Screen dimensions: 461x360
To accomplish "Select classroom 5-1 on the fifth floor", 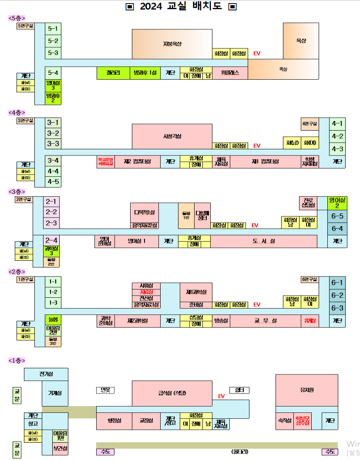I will [x=53, y=29].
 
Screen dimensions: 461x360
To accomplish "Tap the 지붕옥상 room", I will [x=172, y=44].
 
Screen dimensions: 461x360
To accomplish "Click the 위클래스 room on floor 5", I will [x=230, y=73].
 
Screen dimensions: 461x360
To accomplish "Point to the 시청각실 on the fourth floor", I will [x=172, y=136].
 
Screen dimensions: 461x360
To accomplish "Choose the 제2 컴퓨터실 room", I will [x=137, y=162].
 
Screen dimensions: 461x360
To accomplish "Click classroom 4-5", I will [x=53, y=182].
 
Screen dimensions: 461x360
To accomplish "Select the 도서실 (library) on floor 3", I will [x=264, y=241].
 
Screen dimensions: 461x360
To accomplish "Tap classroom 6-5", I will [x=337, y=216].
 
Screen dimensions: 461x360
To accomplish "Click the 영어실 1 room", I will [x=137, y=241].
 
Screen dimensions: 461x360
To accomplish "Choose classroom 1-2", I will [x=53, y=292].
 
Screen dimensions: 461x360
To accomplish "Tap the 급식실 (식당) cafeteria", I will [x=172, y=393].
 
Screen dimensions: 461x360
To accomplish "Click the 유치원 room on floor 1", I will [x=306, y=390].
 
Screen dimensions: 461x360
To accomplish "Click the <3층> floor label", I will [x=17, y=192].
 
